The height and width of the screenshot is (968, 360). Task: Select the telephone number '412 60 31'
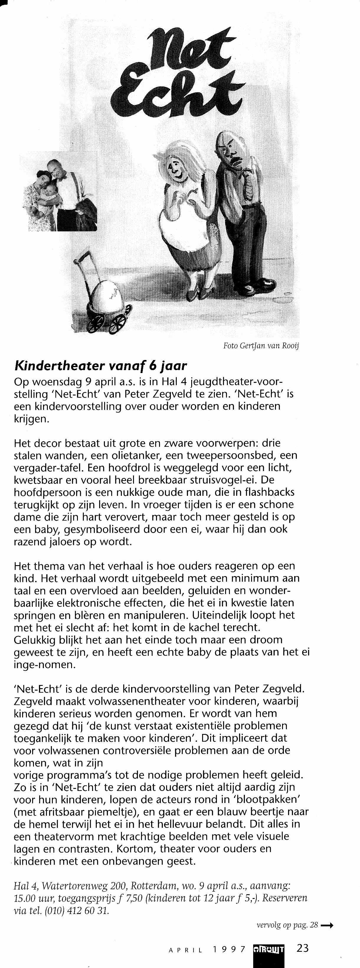click(x=91, y=910)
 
